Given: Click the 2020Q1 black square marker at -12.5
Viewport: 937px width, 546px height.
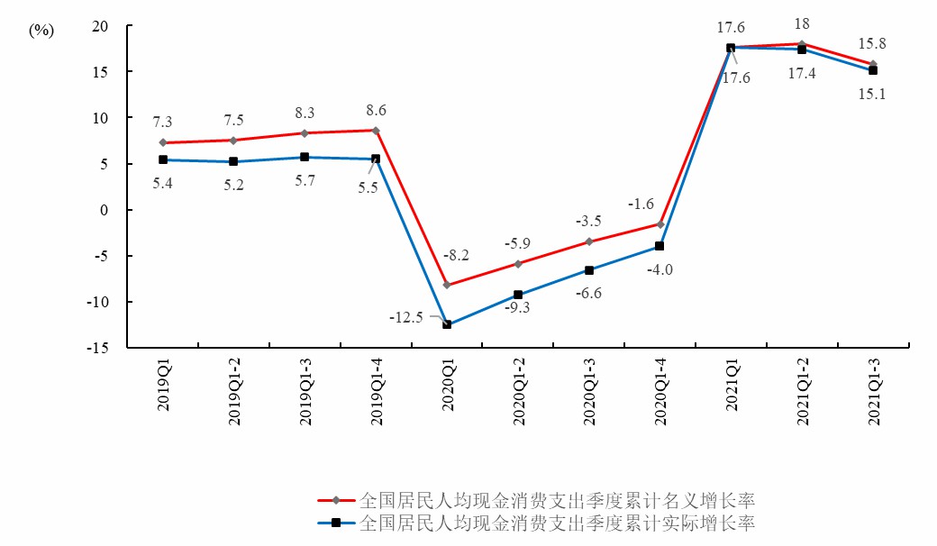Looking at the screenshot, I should coord(447,324).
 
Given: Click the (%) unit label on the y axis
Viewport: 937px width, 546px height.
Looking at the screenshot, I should coord(41,31).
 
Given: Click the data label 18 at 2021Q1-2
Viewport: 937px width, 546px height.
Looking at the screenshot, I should coord(801,23).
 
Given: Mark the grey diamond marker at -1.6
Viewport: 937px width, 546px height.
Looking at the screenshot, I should coord(660,224).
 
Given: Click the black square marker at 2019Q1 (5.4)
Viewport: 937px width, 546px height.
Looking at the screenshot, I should coord(163,159).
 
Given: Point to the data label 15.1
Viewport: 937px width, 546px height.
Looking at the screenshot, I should coord(871,93).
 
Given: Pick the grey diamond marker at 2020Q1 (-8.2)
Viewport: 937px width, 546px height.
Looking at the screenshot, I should coord(447,285).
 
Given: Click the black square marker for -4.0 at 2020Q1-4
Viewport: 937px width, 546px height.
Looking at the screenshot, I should coord(660,246).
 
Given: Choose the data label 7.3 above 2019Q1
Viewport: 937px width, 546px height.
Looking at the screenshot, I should coord(163,121).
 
